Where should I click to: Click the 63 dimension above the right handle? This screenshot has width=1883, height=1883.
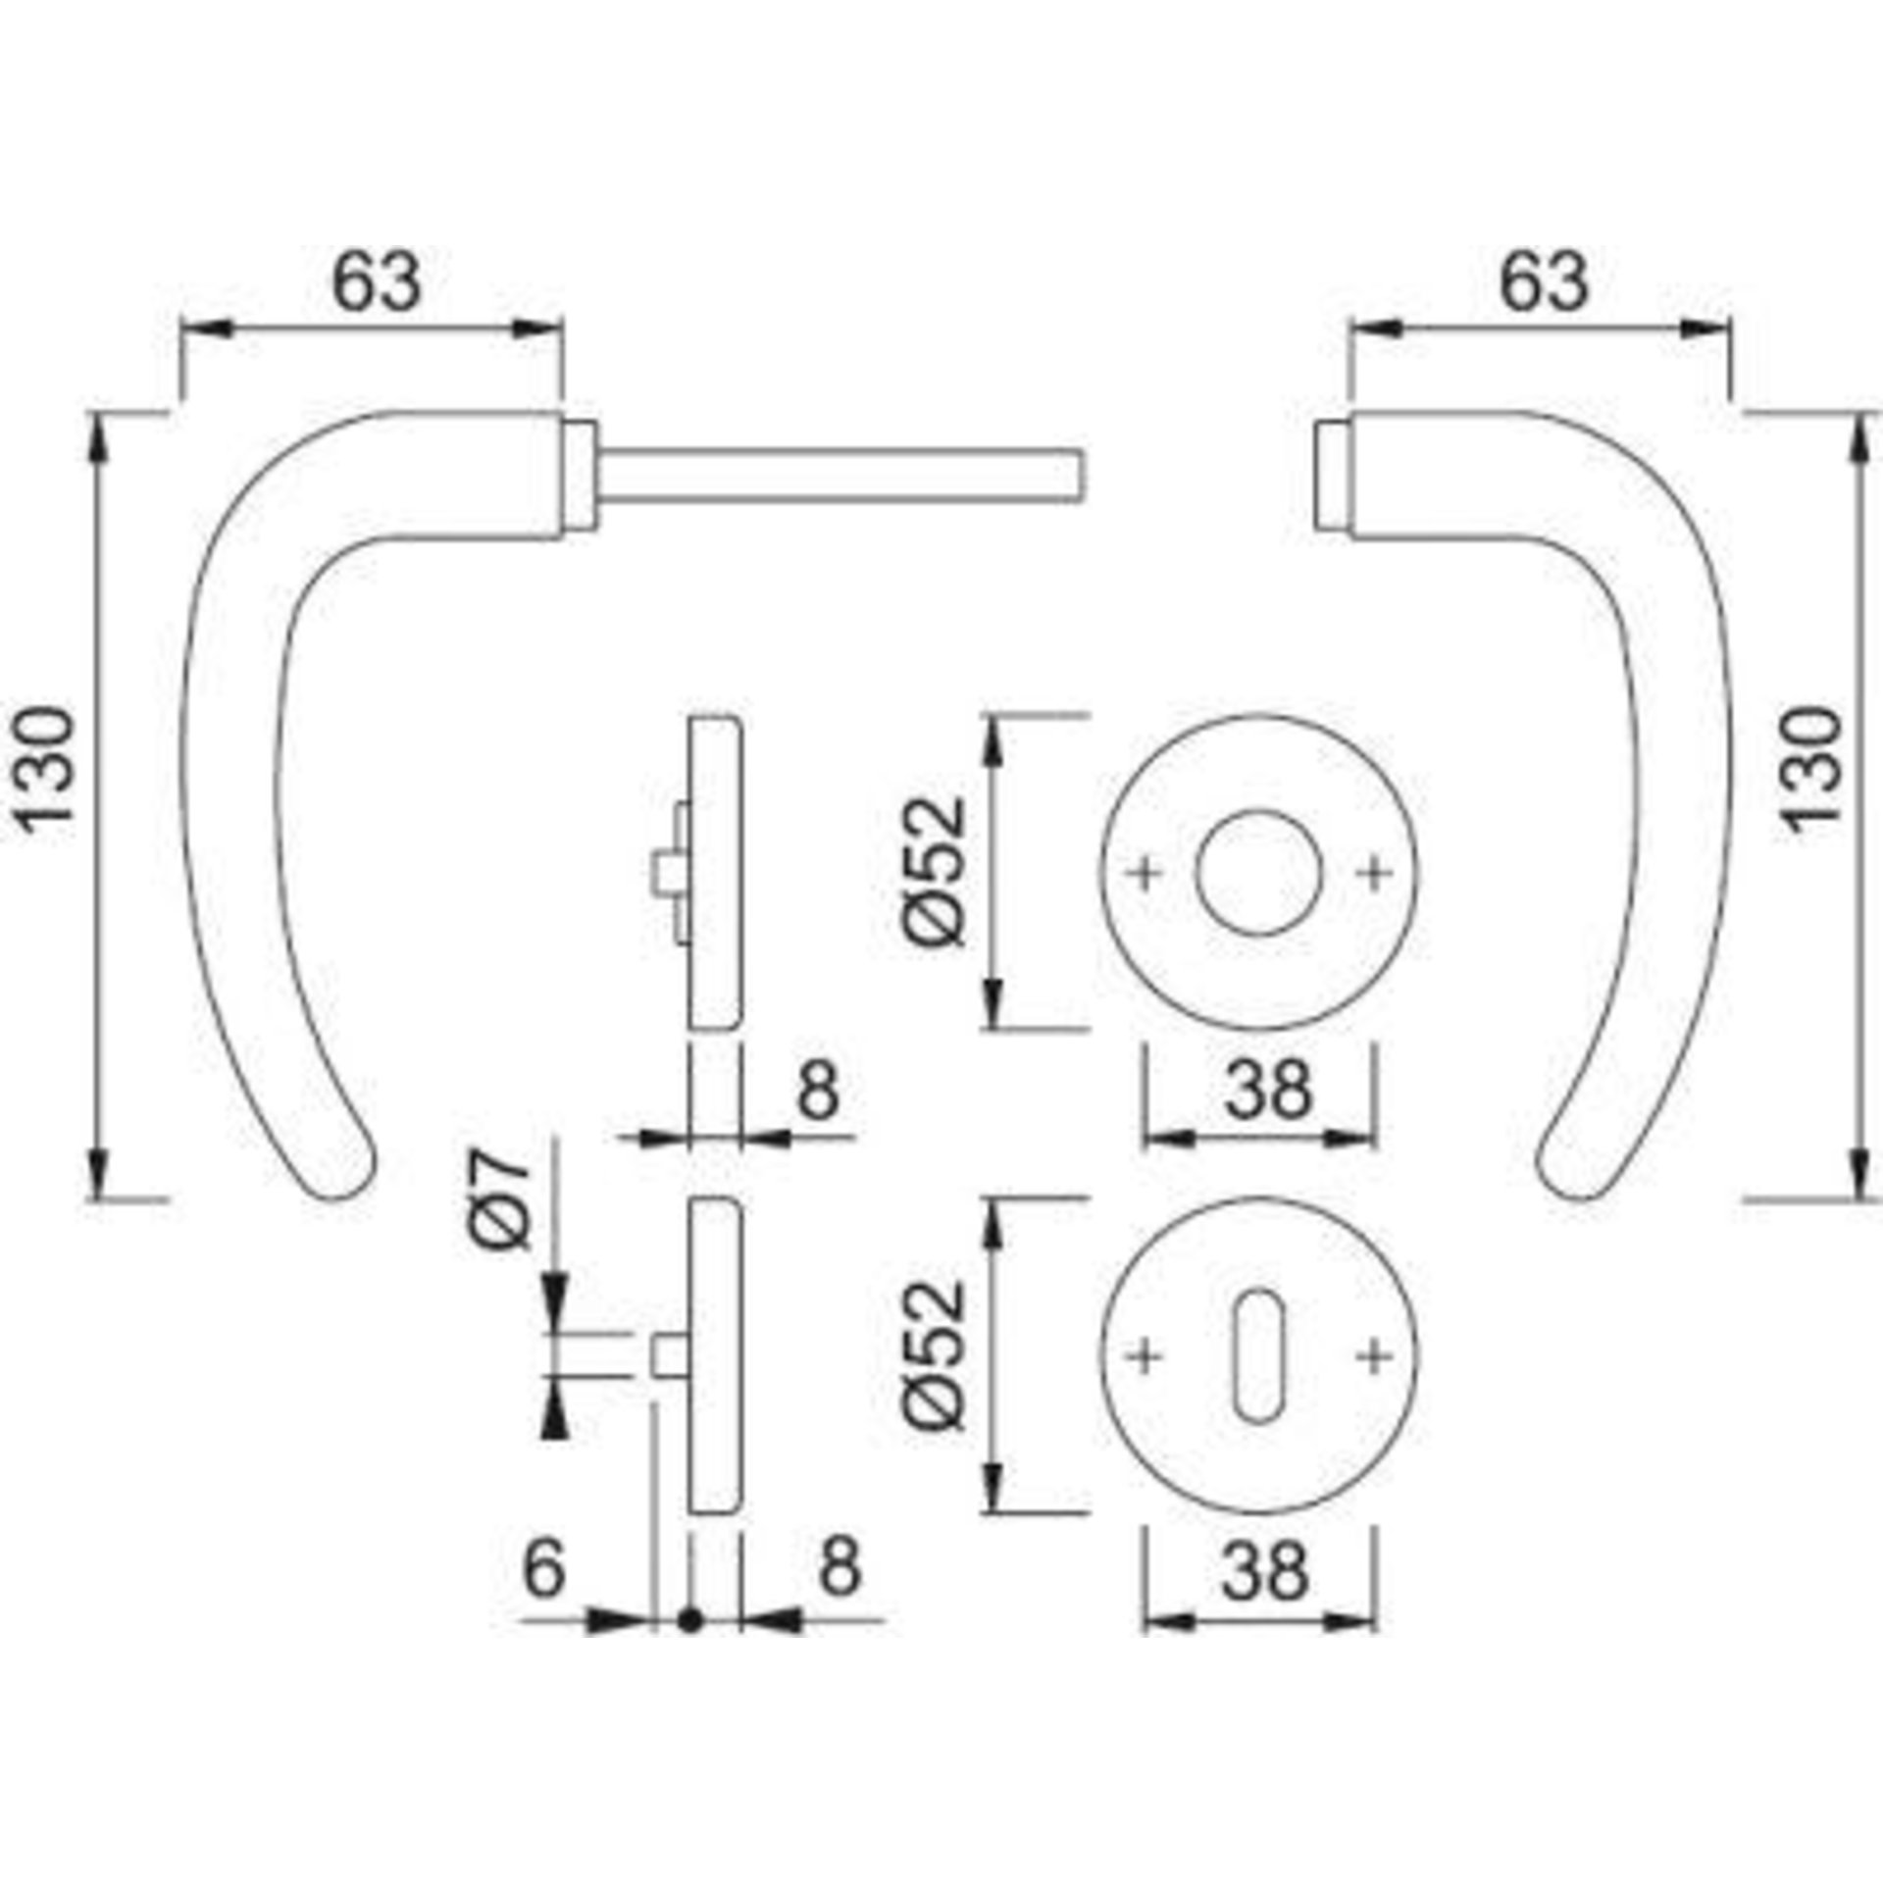point(1542,282)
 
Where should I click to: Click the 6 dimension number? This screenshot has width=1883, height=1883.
point(545,1566)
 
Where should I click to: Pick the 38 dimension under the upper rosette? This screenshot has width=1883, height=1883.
point(1266,1089)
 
